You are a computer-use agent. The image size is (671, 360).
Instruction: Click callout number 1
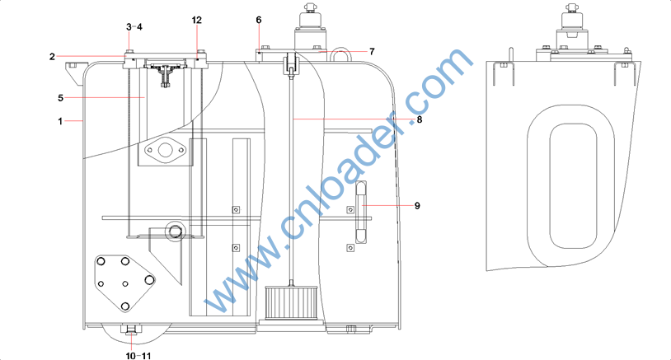(60, 121)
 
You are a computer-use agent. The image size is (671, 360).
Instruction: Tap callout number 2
(52, 57)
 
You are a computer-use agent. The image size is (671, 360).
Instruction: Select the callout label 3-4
(134, 27)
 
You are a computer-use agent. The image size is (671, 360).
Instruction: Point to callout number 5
(60, 98)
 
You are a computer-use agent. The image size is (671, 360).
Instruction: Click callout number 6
(259, 20)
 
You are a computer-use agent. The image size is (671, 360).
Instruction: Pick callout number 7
(372, 52)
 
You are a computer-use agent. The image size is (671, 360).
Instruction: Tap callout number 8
(420, 119)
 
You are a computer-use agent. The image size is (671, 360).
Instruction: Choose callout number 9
(417, 206)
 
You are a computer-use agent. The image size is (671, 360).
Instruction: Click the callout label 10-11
(138, 356)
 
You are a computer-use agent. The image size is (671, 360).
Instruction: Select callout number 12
(197, 20)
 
